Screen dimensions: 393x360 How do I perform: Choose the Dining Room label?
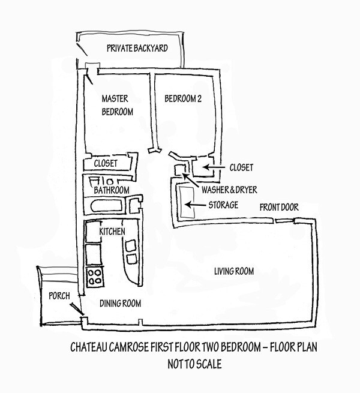coord(121,304)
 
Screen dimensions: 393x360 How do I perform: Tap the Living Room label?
coord(234,272)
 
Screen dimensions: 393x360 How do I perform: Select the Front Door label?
coord(279,208)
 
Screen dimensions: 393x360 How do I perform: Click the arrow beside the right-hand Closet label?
coord(212,166)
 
